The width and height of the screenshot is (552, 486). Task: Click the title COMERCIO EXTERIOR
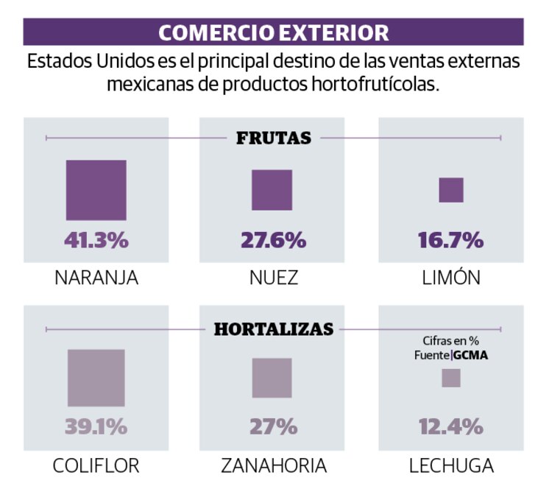coord(274,32)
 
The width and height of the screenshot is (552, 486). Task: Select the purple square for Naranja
coord(96,190)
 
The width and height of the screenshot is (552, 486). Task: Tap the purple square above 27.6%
coord(272,190)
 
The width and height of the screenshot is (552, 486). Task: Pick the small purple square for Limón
coord(451,190)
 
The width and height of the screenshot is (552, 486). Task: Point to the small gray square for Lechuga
coord(451,378)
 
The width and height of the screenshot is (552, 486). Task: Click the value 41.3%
coord(96,240)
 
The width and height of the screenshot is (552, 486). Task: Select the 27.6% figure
coord(273,240)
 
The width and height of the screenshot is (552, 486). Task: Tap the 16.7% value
coord(451,240)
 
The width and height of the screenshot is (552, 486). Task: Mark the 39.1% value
coord(96,426)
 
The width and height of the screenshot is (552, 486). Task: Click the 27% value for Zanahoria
coord(273,426)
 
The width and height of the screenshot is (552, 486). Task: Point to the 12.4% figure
coord(451,426)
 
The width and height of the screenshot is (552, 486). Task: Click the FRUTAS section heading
coord(274,138)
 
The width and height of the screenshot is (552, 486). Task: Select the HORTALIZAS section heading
coord(274,329)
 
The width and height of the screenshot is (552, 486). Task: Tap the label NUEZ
coord(273,278)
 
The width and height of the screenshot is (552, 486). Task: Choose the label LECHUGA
coord(451,465)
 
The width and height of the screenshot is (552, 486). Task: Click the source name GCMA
coord(471,355)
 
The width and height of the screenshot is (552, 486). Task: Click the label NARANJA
coord(96,278)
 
